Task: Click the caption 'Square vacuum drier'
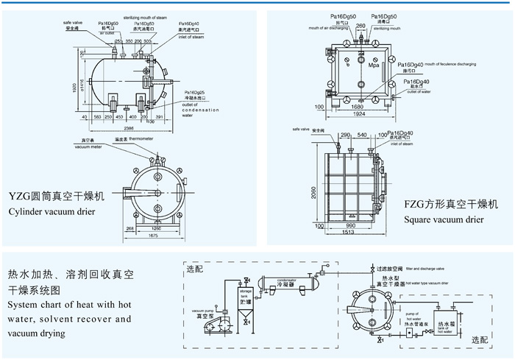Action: point(444,219)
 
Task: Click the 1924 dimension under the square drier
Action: point(357,115)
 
